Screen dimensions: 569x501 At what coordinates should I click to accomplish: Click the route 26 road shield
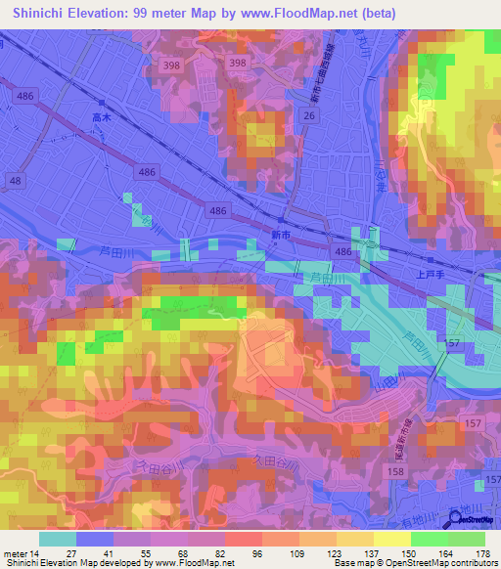coord(308,116)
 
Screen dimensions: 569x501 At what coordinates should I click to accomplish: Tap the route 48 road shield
coord(16,182)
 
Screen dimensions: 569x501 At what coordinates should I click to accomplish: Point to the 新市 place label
coord(280,236)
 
